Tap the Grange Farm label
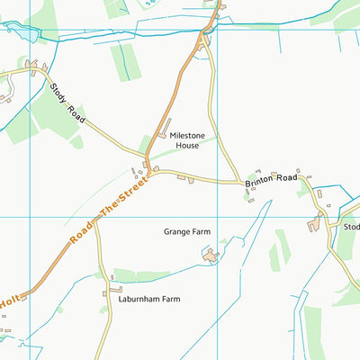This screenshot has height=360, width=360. (186, 231)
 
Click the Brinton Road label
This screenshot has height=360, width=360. (271, 181)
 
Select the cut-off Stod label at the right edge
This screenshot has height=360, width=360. (350, 227)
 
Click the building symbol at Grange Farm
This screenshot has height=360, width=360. (211, 257)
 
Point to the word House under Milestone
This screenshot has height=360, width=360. (187, 145)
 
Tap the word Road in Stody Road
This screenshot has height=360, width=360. (76, 114)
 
